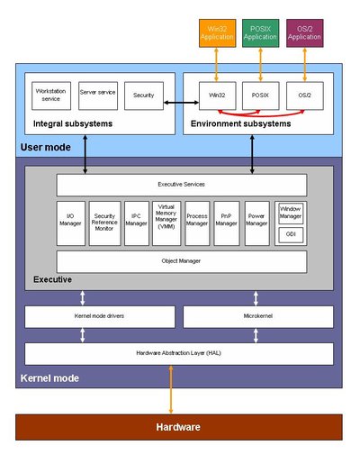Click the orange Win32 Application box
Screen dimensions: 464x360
(216, 32)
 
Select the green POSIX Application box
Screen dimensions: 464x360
(260, 32)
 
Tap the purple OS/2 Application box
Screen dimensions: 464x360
(304, 32)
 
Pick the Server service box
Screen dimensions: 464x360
(97, 94)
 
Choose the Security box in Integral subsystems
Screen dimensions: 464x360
(143, 94)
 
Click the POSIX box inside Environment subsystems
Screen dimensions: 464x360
(260, 95)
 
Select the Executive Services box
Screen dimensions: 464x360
(181, 185)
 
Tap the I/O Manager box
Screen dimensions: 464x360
(71, 223)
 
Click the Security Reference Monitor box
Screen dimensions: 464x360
(104, 223)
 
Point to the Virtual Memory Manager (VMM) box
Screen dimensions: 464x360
(166, 223)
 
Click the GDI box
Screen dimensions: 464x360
(290, 235)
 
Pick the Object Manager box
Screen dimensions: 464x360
(181, 261)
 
